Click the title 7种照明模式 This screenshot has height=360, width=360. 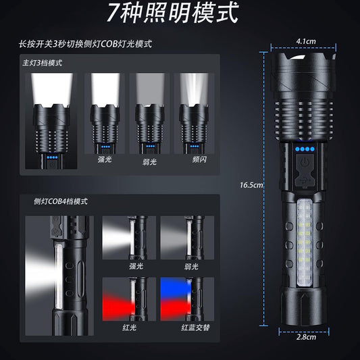[x=180, y=16]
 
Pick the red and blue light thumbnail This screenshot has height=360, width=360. [x=186, y=297]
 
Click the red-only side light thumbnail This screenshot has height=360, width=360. [x=128, y=297]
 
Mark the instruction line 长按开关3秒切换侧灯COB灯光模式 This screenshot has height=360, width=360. [x=86, y=45]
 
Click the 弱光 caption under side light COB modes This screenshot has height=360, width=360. [x=186, y=265]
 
